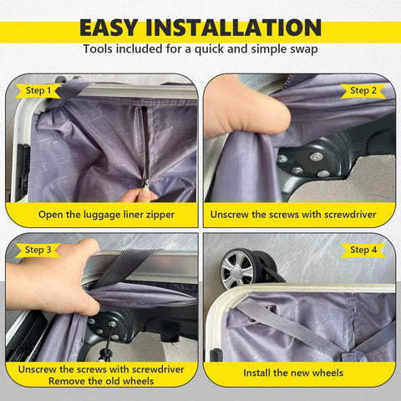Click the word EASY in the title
pos(118,27)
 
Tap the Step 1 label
pos(38,90)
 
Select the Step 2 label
pos(363,90)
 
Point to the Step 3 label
pos(38,250)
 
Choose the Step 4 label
pos(363,250)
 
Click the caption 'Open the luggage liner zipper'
pos(106,215)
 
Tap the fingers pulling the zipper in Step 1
pos(139,195)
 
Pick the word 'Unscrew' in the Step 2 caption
pos(236,215)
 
